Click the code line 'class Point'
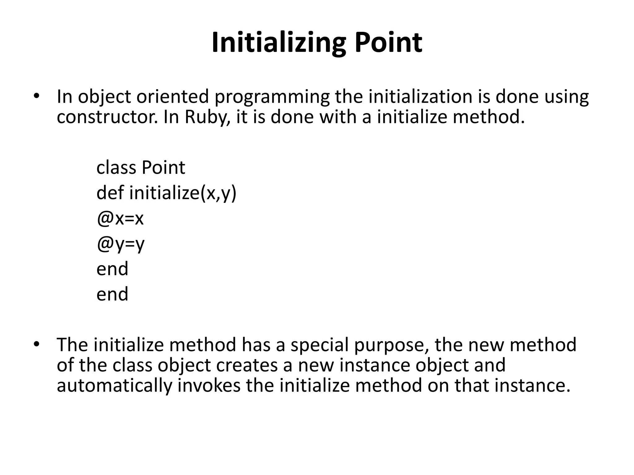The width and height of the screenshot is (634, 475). (x=141, y=168)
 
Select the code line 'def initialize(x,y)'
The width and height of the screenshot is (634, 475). (x=166, y=193)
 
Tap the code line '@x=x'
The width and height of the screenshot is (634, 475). (x=120, y=218)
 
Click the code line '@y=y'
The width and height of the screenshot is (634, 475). (x=120, y=244)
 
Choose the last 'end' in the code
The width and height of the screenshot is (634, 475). (x=112, y=294)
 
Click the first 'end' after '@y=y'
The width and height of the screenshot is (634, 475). (x=112, y=268)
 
